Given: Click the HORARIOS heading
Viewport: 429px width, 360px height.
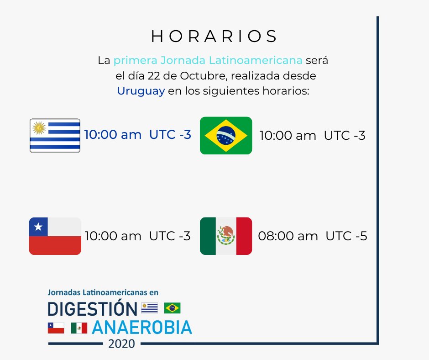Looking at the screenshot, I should click(214, 37).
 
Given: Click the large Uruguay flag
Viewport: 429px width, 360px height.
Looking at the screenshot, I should click(55, 135).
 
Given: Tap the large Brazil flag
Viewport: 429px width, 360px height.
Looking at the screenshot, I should click(226, 135).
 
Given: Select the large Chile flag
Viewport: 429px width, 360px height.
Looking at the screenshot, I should click(55, 236).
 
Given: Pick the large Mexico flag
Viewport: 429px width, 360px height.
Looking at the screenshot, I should click(226, 236).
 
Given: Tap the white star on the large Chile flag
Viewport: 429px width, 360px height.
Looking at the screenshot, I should click(38, 226).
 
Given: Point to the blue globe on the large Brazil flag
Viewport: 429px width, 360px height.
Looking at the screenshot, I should click(226, 135).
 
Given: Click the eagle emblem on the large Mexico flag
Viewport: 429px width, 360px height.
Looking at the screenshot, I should click(226, 235).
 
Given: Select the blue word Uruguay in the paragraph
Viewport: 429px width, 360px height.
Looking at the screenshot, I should click(141, 90).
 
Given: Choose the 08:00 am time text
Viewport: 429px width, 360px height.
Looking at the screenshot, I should click(288, 236).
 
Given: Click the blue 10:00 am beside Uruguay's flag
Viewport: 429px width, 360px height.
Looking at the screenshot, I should click(113, 135).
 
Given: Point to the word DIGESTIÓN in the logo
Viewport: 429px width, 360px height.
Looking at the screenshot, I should click(92, 309).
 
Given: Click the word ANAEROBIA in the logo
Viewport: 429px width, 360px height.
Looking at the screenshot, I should click(141, 327).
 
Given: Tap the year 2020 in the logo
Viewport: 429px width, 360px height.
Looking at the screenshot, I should click(121, 344).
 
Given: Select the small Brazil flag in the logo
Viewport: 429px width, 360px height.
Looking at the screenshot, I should click(172, 308).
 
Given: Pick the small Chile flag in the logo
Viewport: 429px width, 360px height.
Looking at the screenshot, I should click(56, 328).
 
